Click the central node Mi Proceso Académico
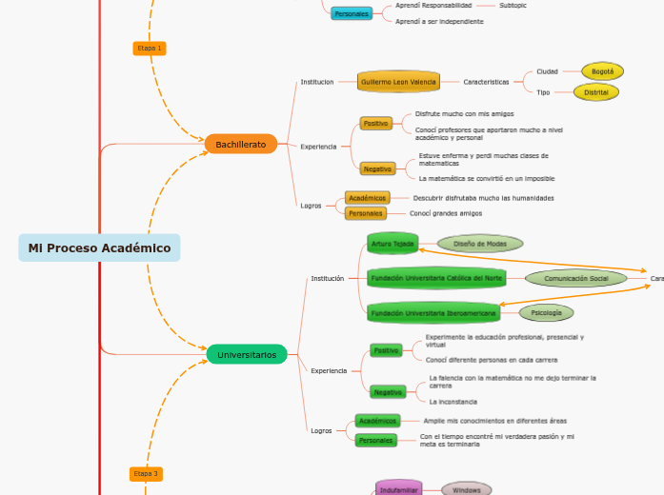(x=99, y=248)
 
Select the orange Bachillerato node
(x=240, y=145)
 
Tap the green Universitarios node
(x=246, y=355)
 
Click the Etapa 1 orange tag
(x=149, y=48)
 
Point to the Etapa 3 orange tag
(x=146, y=473)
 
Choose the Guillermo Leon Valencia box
(x=398, y=83)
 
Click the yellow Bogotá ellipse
(x=602, y=71)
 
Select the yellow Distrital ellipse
(x=596, y=92)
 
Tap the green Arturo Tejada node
(x=392, y=244)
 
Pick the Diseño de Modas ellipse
(x=479, y=244)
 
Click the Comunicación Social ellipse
(x=575, y=279)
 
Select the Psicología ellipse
(x=546, y=312)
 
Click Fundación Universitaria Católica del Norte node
(x=436, y=278)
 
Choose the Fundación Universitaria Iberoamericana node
(x=433, y=312)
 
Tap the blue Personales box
(x=352, y=13)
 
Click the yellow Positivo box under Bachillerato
(x=375, y=124)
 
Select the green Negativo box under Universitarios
(x=388, y=392)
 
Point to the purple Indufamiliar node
(x=398, y=489)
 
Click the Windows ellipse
(x=466, y=489)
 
